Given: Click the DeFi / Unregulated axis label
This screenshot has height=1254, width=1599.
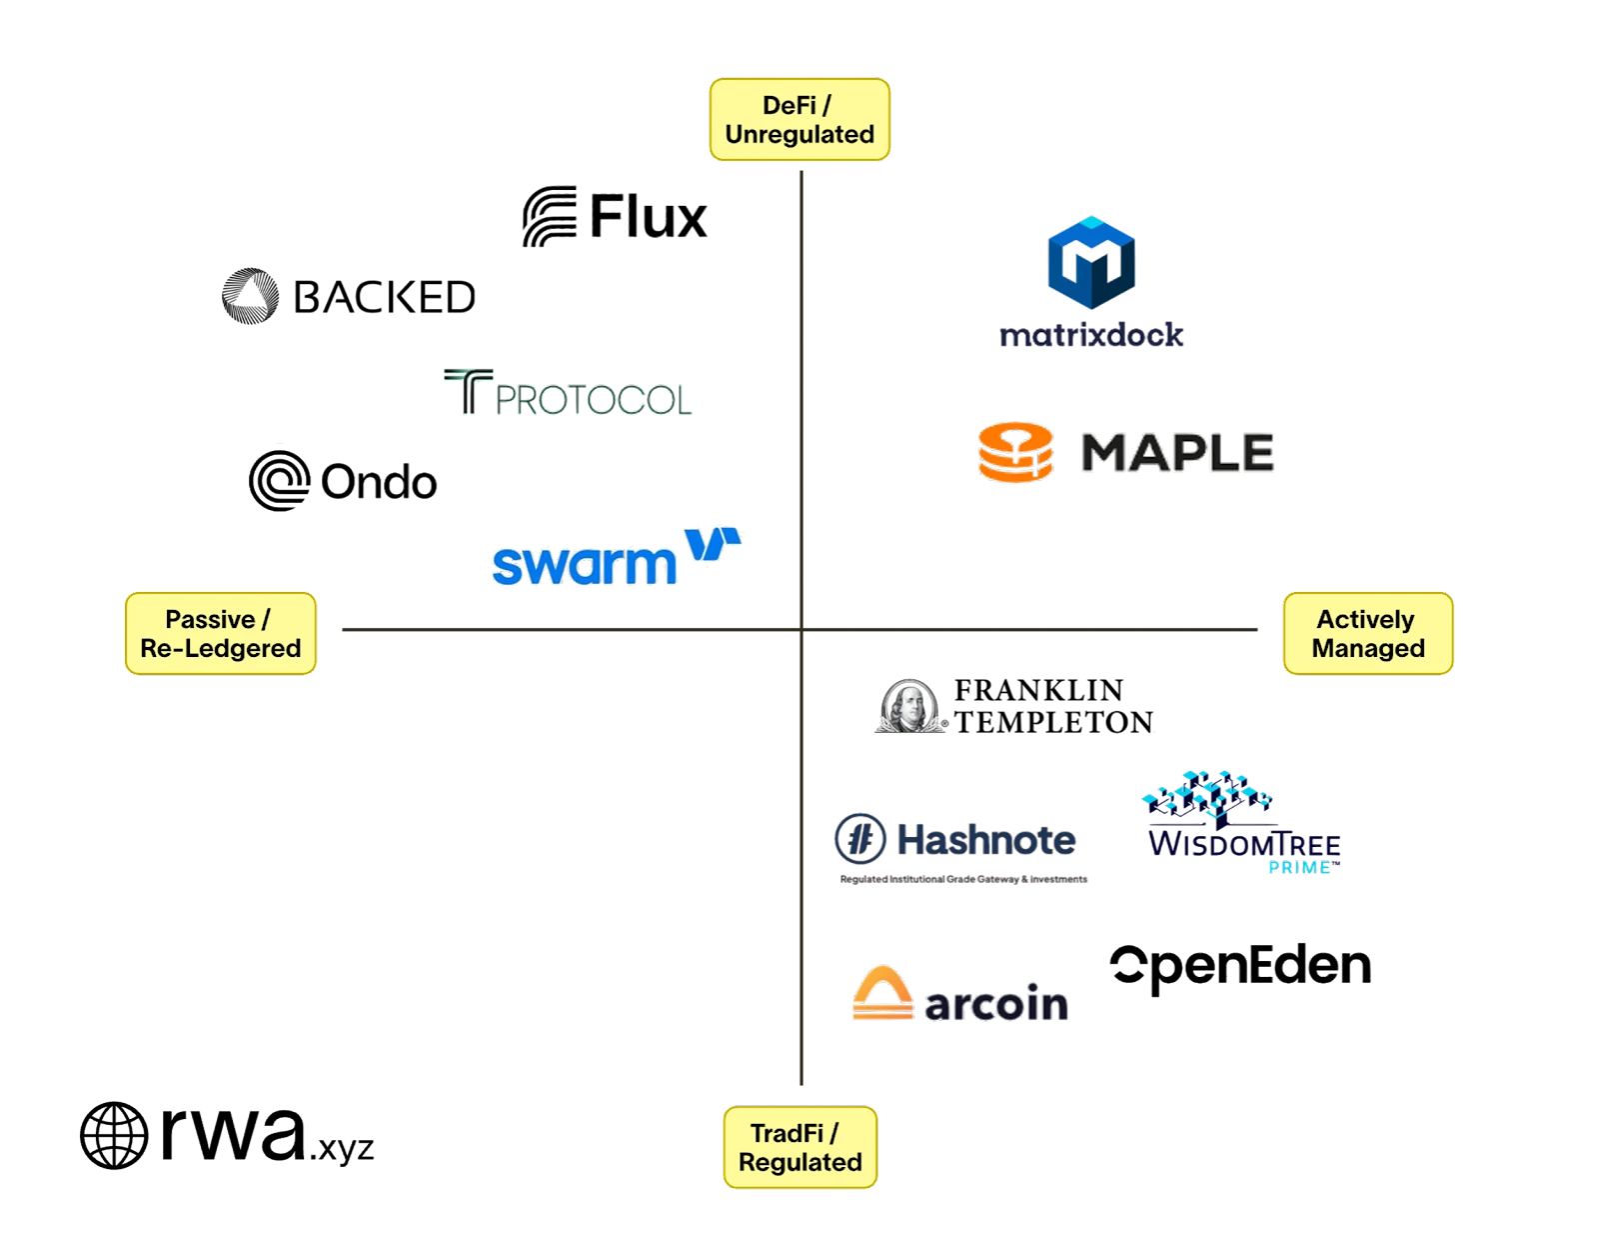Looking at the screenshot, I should pyautogui.click(x=799, y=119).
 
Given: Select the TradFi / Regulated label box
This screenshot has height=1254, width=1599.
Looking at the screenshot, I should pyautogui.click(x=799, y=1147).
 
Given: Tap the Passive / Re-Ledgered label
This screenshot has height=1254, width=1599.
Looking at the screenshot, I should pyautogui.click(x=220, y=633).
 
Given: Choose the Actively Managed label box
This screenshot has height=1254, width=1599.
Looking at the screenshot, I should pyautogui.click(x=1367, y=633).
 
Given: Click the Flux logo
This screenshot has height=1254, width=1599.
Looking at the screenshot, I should pyautogui.click(x=616, y=215).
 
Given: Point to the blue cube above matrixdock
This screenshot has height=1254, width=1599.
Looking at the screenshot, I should pyautogui.click(x=1090, y=262).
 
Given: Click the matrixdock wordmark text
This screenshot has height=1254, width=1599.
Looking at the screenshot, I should pyautogui.click(x=1090, y=336).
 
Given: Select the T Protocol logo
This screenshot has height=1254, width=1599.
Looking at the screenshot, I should pyautogui.click(x=568, y=393).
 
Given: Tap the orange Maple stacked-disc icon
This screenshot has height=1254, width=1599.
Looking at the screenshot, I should pyautogui.click(x=1015, y=452).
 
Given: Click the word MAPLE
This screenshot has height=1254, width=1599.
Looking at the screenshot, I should pyautogui.click(x=1179, y=452).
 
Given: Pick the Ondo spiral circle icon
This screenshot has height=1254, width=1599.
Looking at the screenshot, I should pyautogui.click(x=279, y=478).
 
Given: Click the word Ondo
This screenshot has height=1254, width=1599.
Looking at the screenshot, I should pyautogui.click(x=379, y=483).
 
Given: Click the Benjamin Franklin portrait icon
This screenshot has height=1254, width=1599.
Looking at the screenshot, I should pyautogui.click(x=908, y=708).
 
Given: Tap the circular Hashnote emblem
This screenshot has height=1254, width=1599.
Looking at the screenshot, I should pyautogui.click(x=859, y=838).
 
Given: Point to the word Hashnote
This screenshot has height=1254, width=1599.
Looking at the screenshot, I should pyautogui.click(x=986, y=839).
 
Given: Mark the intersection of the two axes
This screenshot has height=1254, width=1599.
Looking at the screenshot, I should pyautogui.click(x=803, y=628).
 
